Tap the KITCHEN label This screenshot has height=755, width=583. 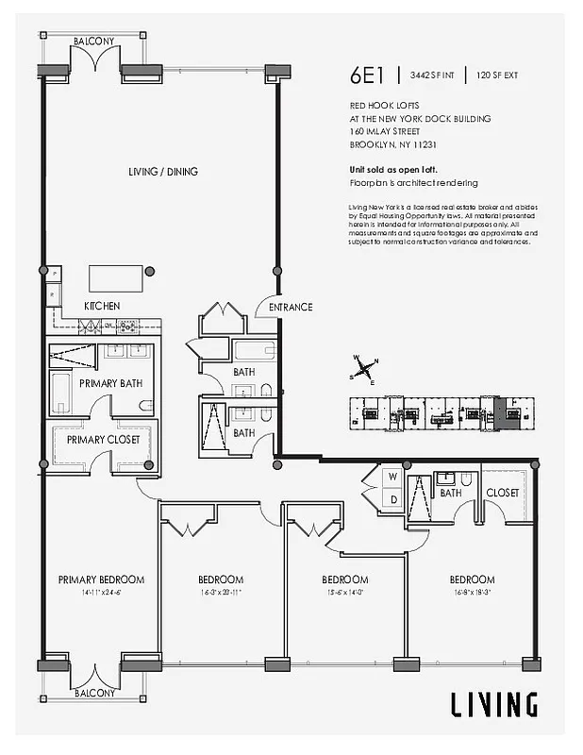[x=102, y=307]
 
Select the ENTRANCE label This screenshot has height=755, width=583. [x=290, y=307]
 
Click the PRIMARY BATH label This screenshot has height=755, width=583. [x=110, y=383]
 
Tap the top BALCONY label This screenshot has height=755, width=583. [x=97, y=42]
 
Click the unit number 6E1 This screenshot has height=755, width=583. [x=369, y=75]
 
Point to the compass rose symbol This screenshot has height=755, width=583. [x=365, y=370]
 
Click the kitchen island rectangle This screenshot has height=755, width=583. [x=118, y=277]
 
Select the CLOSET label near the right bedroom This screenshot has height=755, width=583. [x=502, y=493]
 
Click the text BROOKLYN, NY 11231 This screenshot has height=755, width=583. [x=392, y=145]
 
